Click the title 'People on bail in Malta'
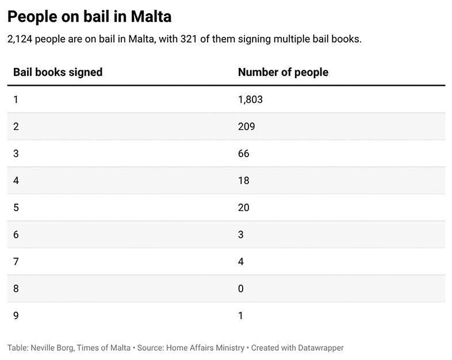[x=89, y=17]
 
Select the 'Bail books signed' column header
[x=58, y=72]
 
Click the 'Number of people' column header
[x=283, y=72]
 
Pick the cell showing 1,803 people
[x=250, y=99]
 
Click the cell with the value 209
[x=246, y=127]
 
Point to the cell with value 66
[x=243, y=154]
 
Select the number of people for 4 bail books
[x=243, y=181]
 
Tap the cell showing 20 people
[x=243, y=208]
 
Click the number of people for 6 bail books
[x=240, y=235]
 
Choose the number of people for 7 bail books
[x=240, y=262]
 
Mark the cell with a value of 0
[x=240, y=289]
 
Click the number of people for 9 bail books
[x=240, y=316]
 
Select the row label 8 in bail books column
[x=16, y=289]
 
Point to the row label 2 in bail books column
[x=16, y=127]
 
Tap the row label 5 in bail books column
[x=16, y=208]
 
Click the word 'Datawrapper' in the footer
[x=317, y=348]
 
